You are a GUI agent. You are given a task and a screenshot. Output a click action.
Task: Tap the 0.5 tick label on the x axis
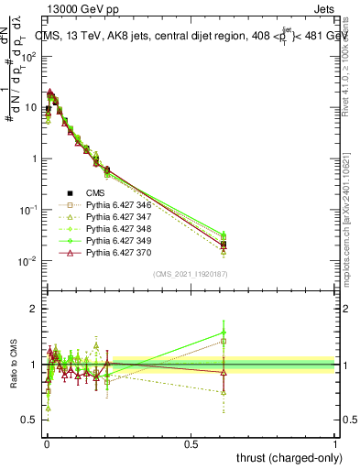click(x=191, y=443)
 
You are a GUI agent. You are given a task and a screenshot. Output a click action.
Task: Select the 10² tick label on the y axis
click(x=27, y=57)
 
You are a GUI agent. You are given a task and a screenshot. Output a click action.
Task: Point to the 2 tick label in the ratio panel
click(x=34, y=310)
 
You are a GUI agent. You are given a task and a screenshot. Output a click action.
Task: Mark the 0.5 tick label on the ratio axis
click(x=30, y=420)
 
